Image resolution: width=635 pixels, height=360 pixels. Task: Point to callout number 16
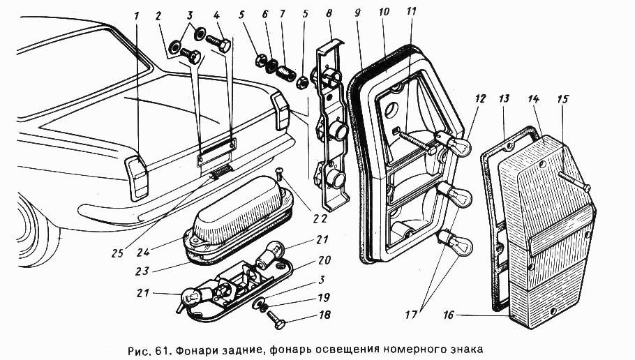coord(447,316)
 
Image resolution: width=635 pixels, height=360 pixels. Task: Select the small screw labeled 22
coord(278,174)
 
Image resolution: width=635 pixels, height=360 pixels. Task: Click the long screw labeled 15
coord(573,181)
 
